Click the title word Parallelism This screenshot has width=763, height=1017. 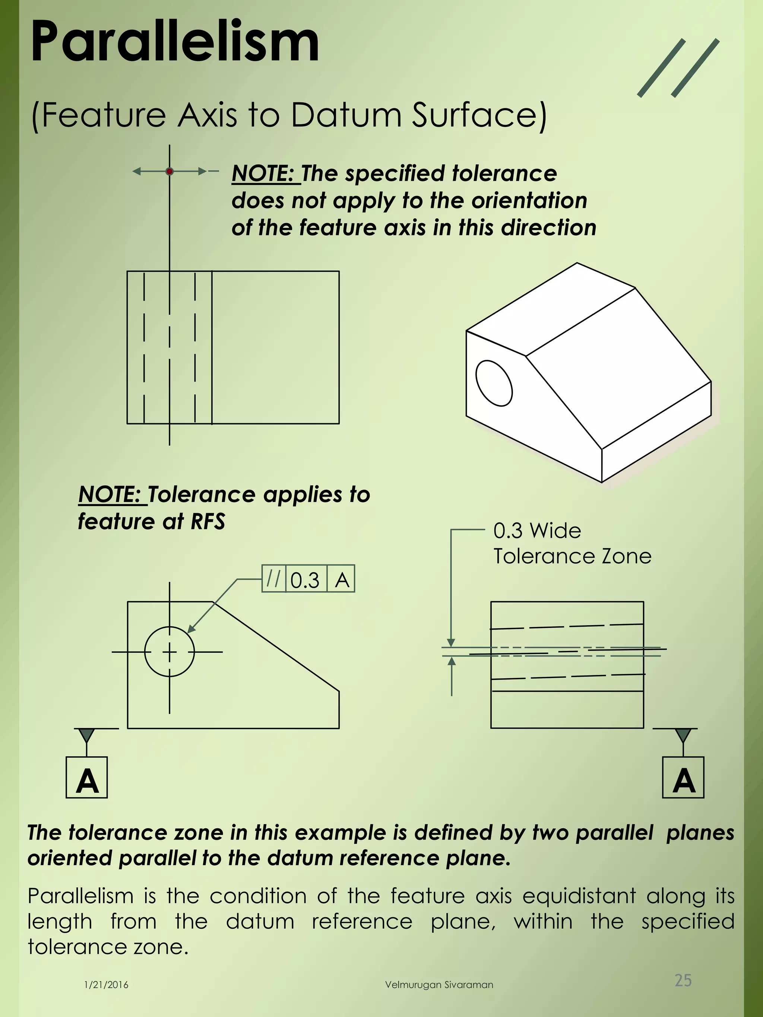pyautogui.click(x=175, y=42)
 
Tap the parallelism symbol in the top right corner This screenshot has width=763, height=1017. pyautogui.click(x=678, y=68)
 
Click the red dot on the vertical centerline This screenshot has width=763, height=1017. pyautogui.click(x=170, y=172)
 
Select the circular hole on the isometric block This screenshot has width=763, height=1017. pyautogui.click(x=494, y=383)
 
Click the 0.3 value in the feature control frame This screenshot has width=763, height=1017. pyautogui.click(x=305, y=579)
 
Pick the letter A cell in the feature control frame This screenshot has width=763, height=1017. pyautogui.click(x=342, y=579)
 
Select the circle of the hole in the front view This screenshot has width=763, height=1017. pyautogui.click(x=170, y=652)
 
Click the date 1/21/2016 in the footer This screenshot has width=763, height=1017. pyautogui.click(x=106, y=985)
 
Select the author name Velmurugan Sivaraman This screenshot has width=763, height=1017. pyautogui.click(x=439, y=985)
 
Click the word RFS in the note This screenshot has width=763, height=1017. pyautogui.click(x=208, y=521)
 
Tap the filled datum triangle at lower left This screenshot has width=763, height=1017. pyautogui.click(x=86, y=734)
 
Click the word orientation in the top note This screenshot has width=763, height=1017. pyautogui.click(x=529, y=200)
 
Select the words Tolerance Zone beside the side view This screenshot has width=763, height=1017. pyautogui.click(x=572, y=556)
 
